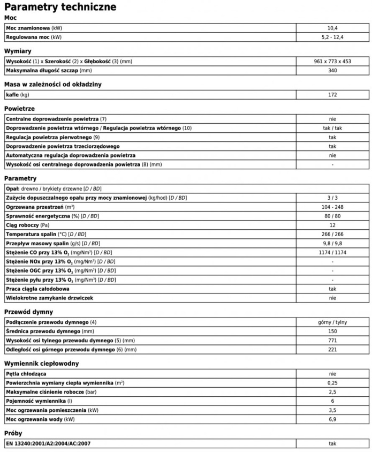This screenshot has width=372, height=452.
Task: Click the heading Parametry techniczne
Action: pos(60,7)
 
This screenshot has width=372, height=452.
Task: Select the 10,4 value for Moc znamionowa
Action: pos(332,27)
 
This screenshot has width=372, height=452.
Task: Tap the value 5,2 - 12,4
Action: pos(332,37)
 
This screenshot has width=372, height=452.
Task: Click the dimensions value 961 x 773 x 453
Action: pos(332,62)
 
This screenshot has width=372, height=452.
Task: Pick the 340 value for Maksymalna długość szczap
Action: pos(332,71)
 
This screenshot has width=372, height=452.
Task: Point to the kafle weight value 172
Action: pos(332,95)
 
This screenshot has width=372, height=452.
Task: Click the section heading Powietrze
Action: pos(19,109)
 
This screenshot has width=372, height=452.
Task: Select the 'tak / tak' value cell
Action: pos(332,129)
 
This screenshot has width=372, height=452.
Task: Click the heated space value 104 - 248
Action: pos(332,207)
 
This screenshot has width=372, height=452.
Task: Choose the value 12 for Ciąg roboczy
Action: pos(332,225)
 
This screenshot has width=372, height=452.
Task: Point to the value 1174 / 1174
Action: pos(332,252)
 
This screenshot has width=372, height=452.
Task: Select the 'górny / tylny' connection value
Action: pos(332,322)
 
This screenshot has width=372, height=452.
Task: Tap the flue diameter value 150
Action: pos(332,332)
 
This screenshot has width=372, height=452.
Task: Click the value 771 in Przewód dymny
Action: pos(332,341)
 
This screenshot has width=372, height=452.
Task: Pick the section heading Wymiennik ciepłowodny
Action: pos(41,364)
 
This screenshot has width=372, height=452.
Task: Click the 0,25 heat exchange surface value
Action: pos(332,383)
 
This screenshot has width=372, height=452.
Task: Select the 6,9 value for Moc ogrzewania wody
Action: pos(332,419)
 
